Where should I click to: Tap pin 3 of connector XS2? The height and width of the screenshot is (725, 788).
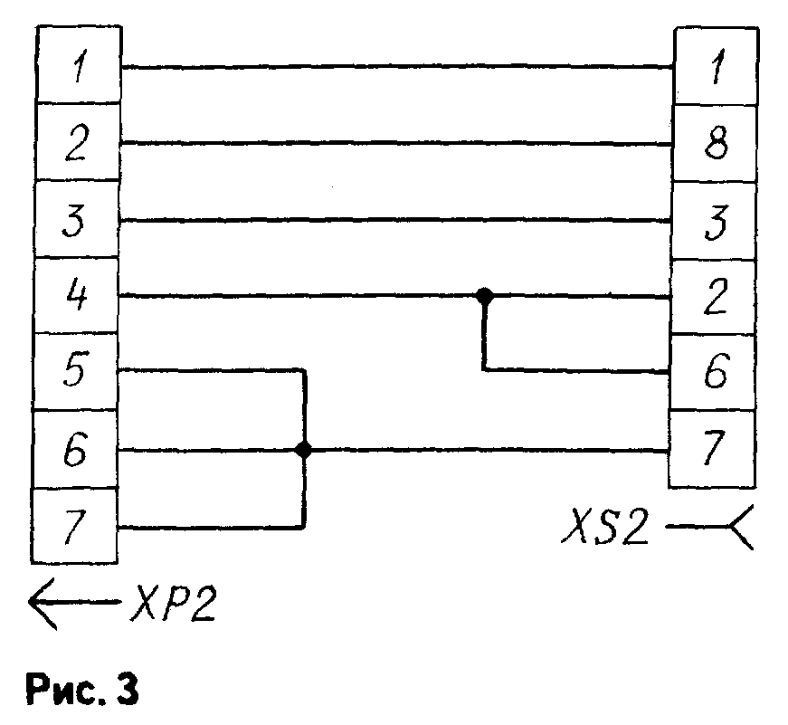point(714,220)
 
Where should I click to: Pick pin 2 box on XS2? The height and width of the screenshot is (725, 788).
point(714,296)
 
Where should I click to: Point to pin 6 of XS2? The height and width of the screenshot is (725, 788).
point(714,372)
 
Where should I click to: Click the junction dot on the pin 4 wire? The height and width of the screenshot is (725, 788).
point(485,295)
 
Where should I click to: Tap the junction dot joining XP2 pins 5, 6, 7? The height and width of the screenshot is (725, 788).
point(303,450)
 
